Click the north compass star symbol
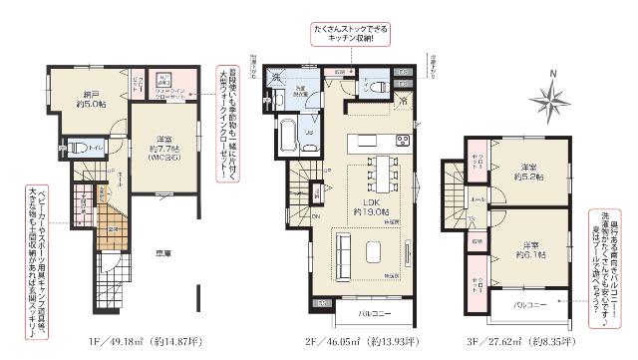547,99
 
